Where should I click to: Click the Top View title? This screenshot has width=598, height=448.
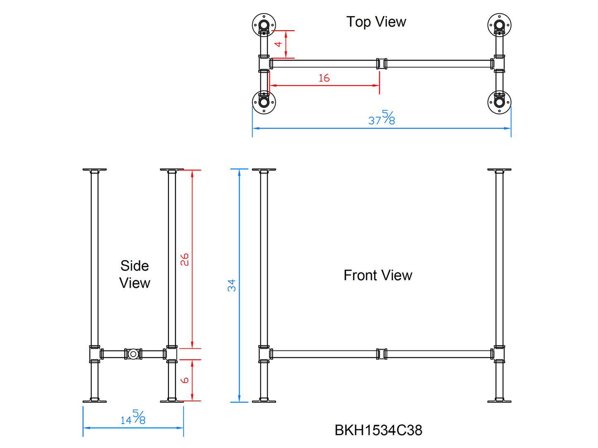376,22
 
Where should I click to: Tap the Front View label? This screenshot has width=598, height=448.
377,275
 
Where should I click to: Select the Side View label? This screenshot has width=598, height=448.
134,274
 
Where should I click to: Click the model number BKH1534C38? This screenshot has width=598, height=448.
378,430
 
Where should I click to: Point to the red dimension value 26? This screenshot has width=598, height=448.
185,260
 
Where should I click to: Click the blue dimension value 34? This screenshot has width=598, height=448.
231,285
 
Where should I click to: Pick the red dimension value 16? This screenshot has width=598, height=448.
324,78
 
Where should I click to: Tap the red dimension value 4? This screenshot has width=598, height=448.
279,44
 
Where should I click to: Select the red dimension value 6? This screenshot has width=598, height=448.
185,380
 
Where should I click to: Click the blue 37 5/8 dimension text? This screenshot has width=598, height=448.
382,118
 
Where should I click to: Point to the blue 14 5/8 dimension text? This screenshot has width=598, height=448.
133,418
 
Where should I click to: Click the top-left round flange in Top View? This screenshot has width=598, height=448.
264,25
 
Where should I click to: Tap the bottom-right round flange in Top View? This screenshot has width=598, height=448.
499,102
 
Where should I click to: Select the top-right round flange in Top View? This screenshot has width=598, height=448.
499,25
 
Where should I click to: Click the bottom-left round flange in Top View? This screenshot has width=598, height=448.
264,102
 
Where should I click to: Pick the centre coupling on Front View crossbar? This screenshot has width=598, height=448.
382,354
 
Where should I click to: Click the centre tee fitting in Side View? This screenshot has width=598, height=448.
133,354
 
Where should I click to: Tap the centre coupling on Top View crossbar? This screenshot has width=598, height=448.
382,64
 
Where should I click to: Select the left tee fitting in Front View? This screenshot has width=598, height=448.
264,354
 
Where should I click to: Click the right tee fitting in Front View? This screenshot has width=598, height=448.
499,354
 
